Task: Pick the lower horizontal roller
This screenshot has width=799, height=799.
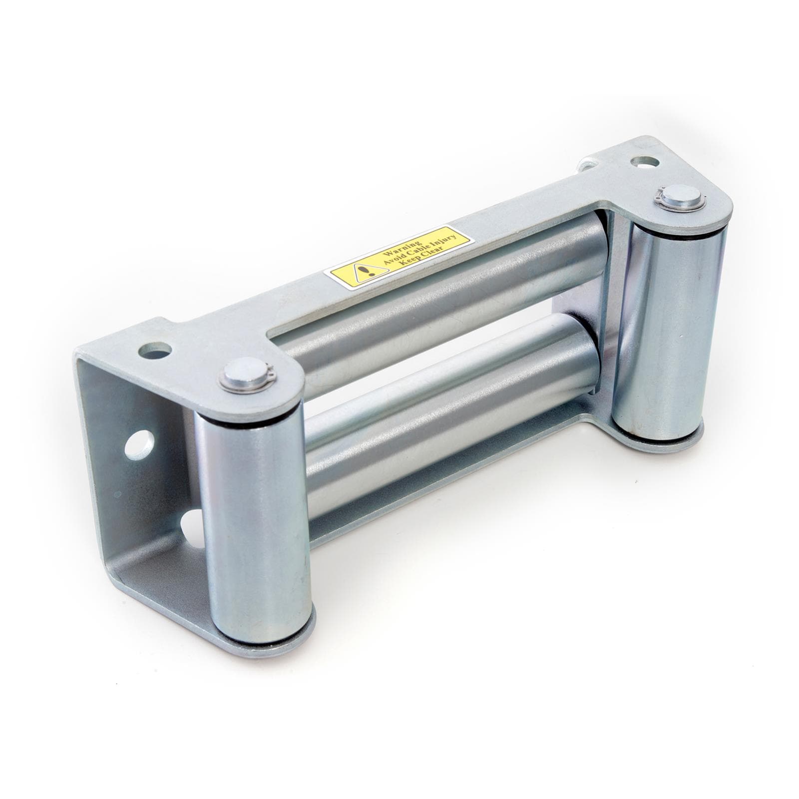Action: pyautogui.click(x=449, y=399)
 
